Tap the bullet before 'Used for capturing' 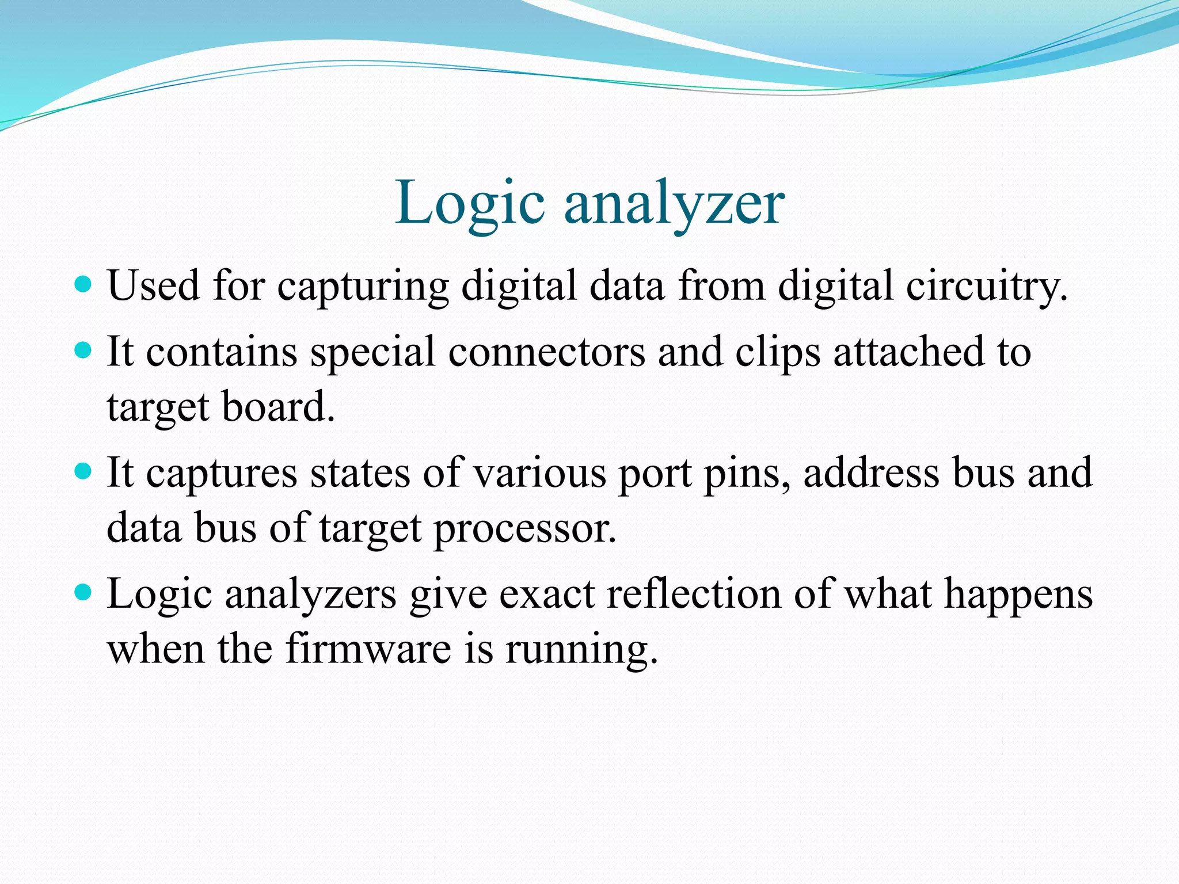[83, 284]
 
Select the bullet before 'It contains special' [83, 350]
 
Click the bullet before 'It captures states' [83, 471]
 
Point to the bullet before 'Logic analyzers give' [83, 592]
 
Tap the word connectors [546, 352]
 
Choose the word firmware [368, 649]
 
